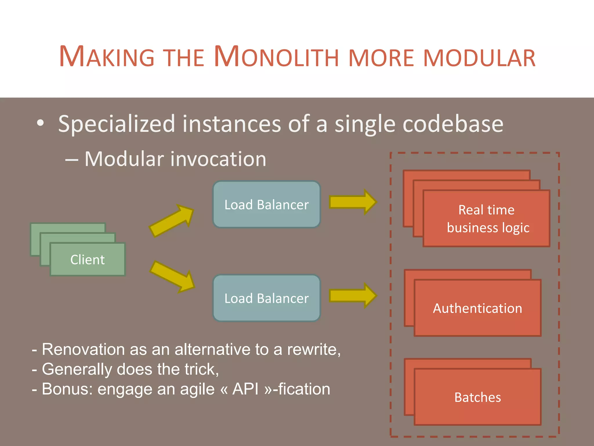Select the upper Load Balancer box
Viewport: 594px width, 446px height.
pyautogui.click(x=267, y=204)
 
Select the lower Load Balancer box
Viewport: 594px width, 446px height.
pyautogui.click(x=267, y=298)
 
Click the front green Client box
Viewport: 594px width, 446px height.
pyautogui.click(x=88, y=259)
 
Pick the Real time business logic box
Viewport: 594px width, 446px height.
pyautogui.click(x=486, y=218)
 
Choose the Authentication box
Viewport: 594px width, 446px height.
pyautogui.click(x=477, y=308)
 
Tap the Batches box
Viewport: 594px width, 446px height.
pyautogui.click(x=477, y=397)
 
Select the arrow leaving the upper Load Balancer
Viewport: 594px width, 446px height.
pyautogui.click(x=353, y=202)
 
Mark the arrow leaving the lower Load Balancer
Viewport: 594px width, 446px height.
pyautogui.click(x=353, y=296)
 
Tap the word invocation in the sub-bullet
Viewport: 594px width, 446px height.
pyautogui.click(x=218, y=159)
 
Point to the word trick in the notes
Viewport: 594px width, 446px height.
pyautogui.click(x=200, y=369)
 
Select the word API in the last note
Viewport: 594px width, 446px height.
pyautogui.click(x=245, y=389)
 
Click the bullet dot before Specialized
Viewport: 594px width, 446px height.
pyautogui.click(x=40, y=123)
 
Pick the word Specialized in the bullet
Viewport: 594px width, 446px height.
pyautogui.click(x=117, y=124)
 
